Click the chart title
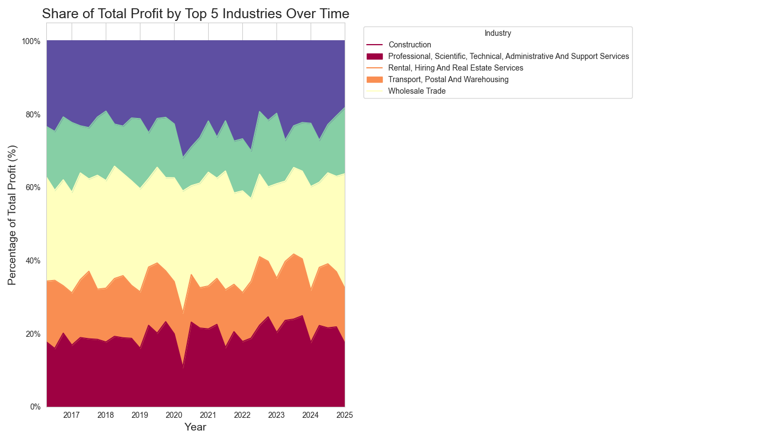(x=196, y=14)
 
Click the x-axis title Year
(x=196, y=427)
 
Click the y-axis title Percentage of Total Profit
(x=12, y=215)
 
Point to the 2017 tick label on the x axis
(x=72, y=415)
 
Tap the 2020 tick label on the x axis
(x=174, y=415)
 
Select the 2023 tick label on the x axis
(x=276, y=415)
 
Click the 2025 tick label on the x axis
(x=344, y=415)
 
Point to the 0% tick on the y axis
(x=35, y=407)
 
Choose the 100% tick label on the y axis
(x=31, y=41)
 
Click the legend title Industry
(x=498, y=33)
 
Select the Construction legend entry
(x=410, y=45)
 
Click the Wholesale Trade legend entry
(x=417, y=91)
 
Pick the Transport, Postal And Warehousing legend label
(x=448, y=79)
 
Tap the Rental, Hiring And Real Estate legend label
(x=455, y=68)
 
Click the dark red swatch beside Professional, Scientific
(x=374, y=56)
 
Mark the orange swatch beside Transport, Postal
(x=374, y=79)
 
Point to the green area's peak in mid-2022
(x=260, y=112)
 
